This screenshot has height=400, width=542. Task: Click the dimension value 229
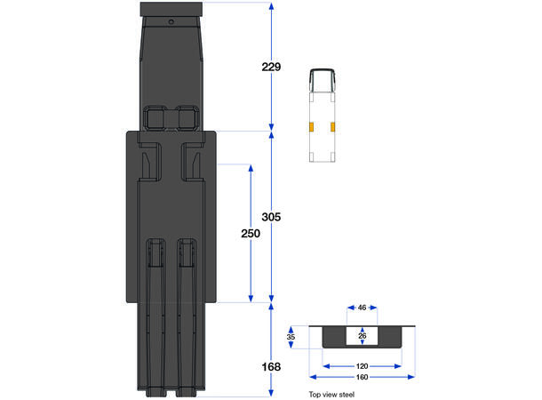(x=271, y=67)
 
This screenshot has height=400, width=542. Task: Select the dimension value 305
(x=271, y=217)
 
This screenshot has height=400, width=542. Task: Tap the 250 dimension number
(x=251, y=234)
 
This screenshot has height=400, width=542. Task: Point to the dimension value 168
(x=271, y=367)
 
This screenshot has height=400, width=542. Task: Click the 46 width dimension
(x=362, y=308)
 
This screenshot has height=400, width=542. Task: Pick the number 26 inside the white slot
(x=362, y=336)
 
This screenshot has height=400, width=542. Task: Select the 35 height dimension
(x=291, y=337)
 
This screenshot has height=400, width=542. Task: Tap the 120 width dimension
(x=362, y=366)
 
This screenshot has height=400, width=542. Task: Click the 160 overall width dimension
(x=362, y=377)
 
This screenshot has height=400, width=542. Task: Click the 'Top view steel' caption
(x=331, y=394)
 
